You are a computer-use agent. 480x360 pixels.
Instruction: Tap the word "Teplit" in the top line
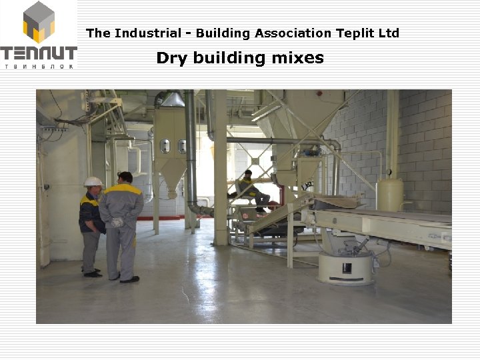click(x=355, y=33)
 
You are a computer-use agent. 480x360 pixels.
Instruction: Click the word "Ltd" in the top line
click(x=389, y=33)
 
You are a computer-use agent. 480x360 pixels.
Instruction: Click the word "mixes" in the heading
click(x=297, y=58)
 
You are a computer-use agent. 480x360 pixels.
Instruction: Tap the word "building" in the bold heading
click(x=229, y=58)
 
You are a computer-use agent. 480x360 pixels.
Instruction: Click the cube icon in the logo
click(x=39, y=22)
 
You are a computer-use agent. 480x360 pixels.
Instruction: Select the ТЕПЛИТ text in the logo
click(x=39, y=53)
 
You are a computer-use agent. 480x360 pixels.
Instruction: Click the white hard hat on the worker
click(x=93, y=181)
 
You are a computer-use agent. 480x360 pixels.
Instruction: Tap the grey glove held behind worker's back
click(x=118, y=222)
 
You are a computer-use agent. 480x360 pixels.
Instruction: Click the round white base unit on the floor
click(x=345, y=267)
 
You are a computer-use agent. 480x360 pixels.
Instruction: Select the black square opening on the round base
click(x=347, y=269)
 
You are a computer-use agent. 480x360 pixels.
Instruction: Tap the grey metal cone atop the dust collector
click(x=173, y=100)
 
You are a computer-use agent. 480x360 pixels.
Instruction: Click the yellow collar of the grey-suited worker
click(x=124, y=188)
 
